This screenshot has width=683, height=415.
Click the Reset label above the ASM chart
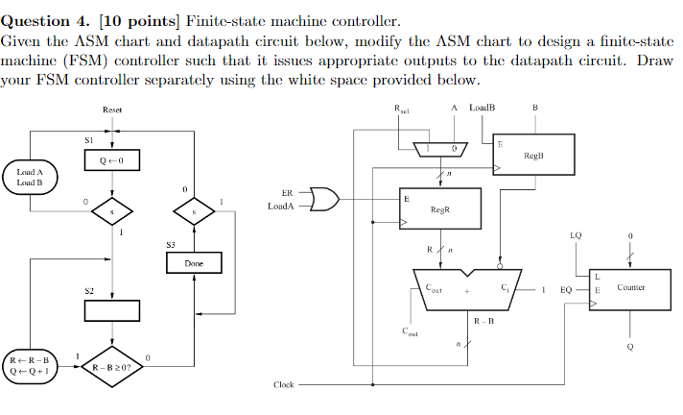(x=112, y=110)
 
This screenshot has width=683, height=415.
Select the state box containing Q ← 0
(x=112, y=160)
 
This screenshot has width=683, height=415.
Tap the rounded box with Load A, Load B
(x=31, y=177)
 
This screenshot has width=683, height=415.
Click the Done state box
(x=195, y=262)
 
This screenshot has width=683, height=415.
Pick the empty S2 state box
(x=112, y=310)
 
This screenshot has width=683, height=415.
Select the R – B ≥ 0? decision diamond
(x=112, y=366)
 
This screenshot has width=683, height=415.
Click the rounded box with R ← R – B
(x=33, y=366)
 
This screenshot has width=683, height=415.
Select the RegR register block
(x=440, y=208)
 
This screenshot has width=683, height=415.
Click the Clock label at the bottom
(x=283, y=384)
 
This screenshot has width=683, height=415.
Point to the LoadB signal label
(x=483, y=107)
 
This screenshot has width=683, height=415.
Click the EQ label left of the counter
(x=565, y=288)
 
